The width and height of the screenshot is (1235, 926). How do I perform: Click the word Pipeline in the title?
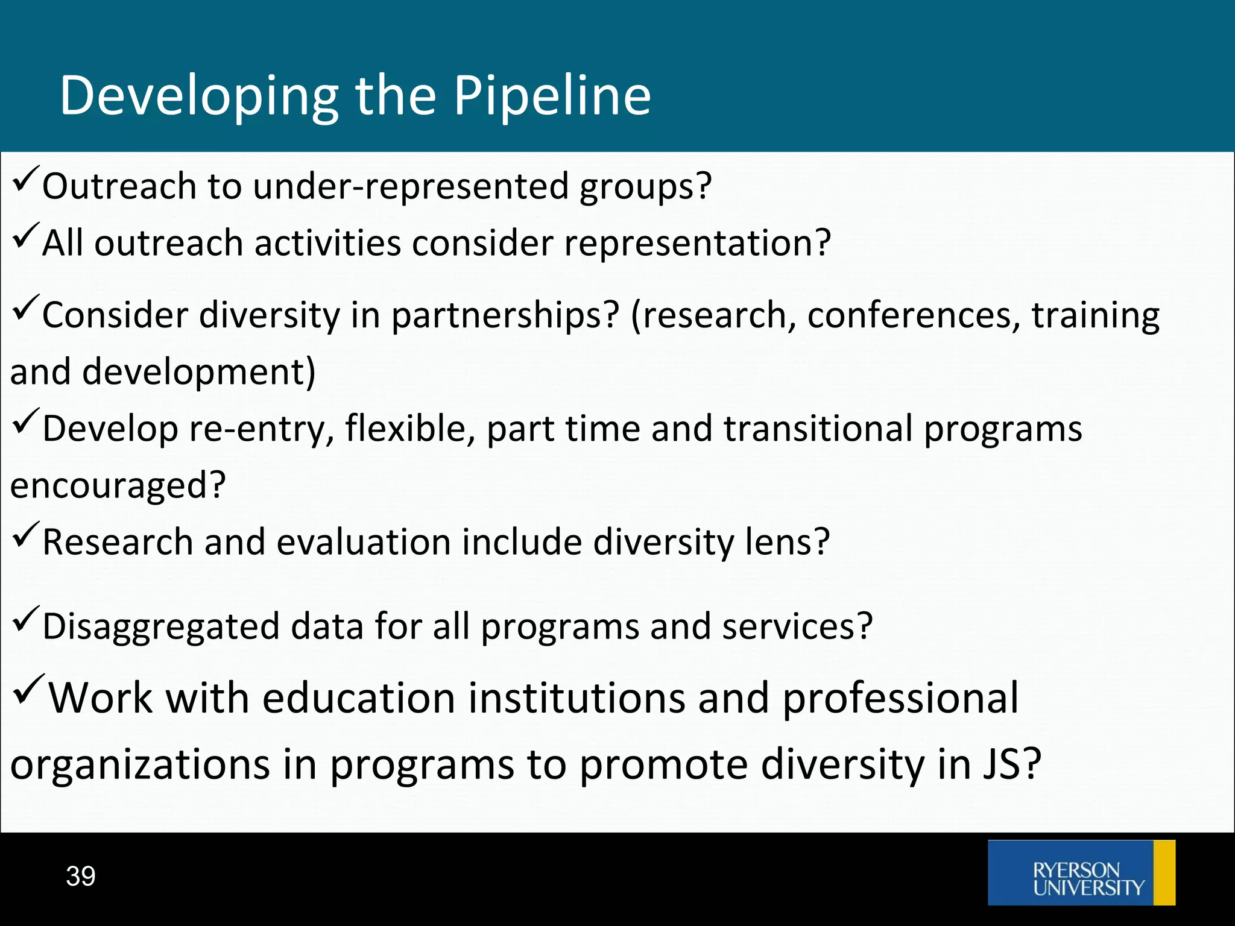[x=552, y=96]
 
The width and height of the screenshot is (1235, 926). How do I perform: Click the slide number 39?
[x=81, y=876]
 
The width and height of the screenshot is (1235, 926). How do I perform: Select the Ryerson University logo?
[x=1081, y=873]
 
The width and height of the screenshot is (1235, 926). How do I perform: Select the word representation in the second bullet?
[x=697, y=244]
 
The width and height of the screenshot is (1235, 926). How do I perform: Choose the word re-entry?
[x=262, y=429]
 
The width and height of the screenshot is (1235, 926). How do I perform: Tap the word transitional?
[x=818, y=429]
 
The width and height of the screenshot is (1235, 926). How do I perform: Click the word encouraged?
[x=118, y=486]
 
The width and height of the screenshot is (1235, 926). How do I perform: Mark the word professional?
[x=900, y=698]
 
